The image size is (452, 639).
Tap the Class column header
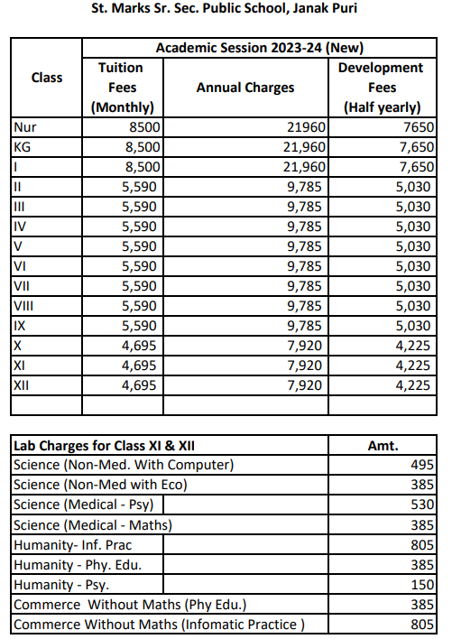point(47,78)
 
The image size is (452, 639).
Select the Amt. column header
point(383,445)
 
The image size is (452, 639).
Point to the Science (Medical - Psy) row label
point(86,505)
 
